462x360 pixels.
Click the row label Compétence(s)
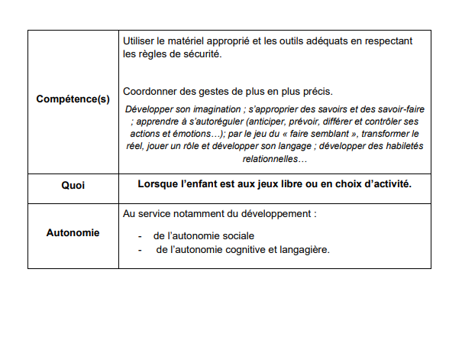73,99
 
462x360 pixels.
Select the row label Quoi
73,186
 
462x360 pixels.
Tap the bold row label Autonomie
73,232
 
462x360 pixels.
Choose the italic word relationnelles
272,158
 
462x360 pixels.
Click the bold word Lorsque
157,184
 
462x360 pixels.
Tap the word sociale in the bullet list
237,236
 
